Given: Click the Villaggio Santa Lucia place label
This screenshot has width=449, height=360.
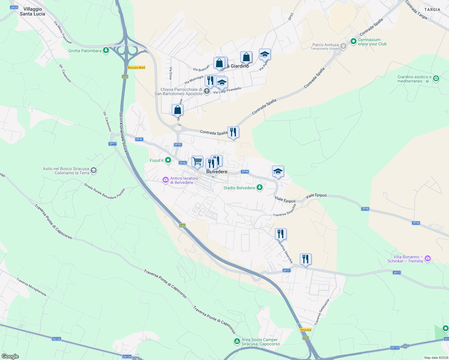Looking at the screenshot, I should click(32, 11).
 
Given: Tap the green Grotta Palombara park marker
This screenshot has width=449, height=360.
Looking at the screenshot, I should click(106, 50).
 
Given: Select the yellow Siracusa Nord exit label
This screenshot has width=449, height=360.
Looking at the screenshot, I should click(136, 67).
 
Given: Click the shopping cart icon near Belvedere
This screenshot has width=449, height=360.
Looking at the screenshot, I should click(197, 161).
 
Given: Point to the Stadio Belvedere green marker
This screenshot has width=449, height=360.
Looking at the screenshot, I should click(260, 188).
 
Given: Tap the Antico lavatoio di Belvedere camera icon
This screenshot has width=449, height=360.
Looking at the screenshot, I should click(165, 180).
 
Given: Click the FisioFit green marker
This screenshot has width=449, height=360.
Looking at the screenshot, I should click(168, 160).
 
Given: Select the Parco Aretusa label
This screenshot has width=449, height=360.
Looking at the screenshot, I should click(326, 45).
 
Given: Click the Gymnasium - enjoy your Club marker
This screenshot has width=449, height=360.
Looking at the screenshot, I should click(354, 41).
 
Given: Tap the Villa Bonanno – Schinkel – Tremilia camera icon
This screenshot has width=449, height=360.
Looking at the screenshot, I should click(428, 258).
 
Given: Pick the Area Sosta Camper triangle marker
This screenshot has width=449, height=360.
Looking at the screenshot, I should click(237, 341).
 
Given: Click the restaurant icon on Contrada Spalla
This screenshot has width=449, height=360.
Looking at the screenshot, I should click(233, 132).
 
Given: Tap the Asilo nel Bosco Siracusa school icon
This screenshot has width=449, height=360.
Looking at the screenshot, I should click(94, 171).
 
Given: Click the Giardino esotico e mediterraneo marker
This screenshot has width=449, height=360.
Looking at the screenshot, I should click(436, 79).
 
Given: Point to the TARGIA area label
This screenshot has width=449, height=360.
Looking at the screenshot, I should click(432, 10).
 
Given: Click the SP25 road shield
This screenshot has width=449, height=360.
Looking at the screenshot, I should click(14, 7).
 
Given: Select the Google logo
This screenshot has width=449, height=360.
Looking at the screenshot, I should click(10, 356).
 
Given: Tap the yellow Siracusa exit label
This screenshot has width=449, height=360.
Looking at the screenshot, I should click(306, 330).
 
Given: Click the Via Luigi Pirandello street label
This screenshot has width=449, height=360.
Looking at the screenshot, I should click(227, 90).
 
